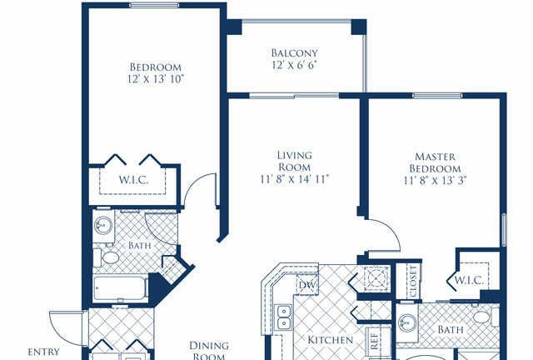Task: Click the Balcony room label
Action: pyautogui.click(x=294, y=53)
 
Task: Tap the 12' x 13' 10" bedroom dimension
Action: pyautogui.click(x=156, y=79)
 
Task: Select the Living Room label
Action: pyautogui.click(x=294, y=161)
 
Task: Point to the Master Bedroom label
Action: pyautogui.click(x=435, y=162)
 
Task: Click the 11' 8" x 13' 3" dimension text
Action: pyautogui.click(x=435, y=180)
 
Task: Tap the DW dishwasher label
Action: pyautogui.click(x=307, y=284)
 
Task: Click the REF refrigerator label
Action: pyautogui.click(x=374, y=341)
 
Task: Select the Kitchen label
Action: pyautogui.click(x=330, y=340)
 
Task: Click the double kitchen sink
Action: pyautogui.click(x=284, y=317)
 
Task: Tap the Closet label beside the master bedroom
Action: pyautogui.click(x=413, y=282)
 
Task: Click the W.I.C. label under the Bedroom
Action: pyautogui.click(x=133, y=180)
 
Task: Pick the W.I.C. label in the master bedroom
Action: pyautogui.click(x=470, y=280)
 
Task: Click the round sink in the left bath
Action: pyautogui.click(x=103, y=225)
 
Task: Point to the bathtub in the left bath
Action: pyautogui.click(x=121, y=287)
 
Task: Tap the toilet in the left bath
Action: pyautogui.click(x=106, y=257)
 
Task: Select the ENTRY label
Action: pyautogui.click(x=43, y=352)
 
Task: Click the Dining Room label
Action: pyautogui.click(x=209, y=351)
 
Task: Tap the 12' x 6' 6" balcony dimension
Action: pyautogui.click(x=294, y=65)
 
